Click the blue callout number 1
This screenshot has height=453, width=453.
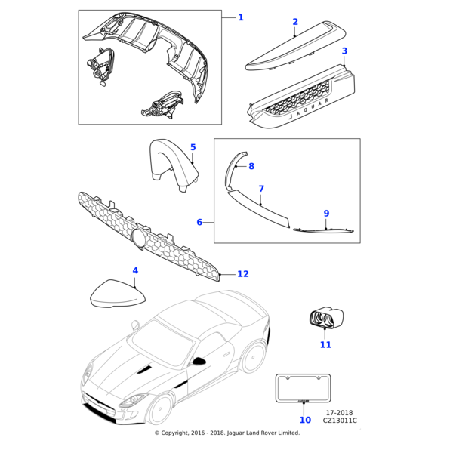pyautogui.click(x=241, y=17)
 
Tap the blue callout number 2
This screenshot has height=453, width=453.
pyautogui.click(x=295, y=23)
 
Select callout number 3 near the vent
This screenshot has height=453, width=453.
pyautogui.click(x=344, y=51)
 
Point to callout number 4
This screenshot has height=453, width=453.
pyautogui.click(x=135, y=270)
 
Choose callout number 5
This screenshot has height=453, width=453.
pyautogui.click(x=193, y=148)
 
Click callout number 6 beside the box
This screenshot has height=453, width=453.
pyautogui.click(x=199, y=223)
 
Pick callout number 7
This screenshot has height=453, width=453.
pyautogui.click(x=261, y=189)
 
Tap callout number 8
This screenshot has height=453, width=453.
pyautogui.click(x=251, y=166)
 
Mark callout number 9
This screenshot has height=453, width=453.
pyautogui.click(x=326, y=214)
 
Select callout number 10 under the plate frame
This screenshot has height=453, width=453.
pyautogui.click(x=305, y=420)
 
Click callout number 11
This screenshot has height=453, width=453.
pyautogui.click(x=325, y=345)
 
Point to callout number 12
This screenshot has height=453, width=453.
pyautogui.click(x=242, y=275)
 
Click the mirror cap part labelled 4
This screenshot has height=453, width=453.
pyautogui.click(x=117, y=293)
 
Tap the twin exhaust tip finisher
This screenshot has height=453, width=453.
pyautogui.click(x=322, y=320)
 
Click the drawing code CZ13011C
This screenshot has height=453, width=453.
pyautogui.click(x=341, y=421)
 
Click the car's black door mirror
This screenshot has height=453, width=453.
pyautogui.click(x=200, y=361)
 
